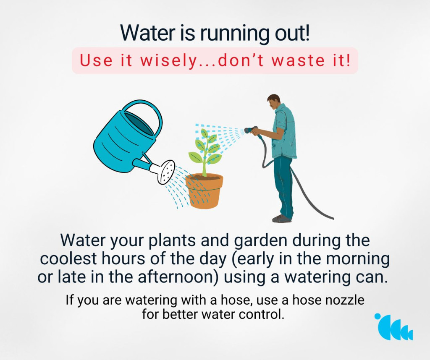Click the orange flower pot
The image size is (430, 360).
204,191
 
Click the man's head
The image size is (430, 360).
274,102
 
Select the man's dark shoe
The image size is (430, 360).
282,218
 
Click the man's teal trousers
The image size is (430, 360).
283,186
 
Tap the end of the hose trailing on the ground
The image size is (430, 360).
333,219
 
